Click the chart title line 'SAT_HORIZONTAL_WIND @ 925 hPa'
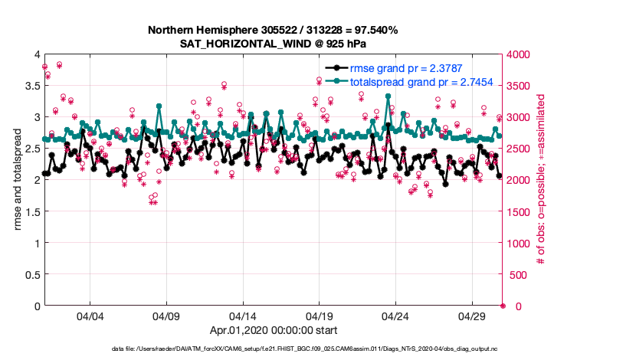[274, 44]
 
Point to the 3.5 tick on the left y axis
[31, 86]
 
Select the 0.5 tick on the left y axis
[31, 274]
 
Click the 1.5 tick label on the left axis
[31, 211]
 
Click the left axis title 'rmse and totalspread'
[18, 180]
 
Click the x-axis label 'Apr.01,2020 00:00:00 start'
[274, 331]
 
